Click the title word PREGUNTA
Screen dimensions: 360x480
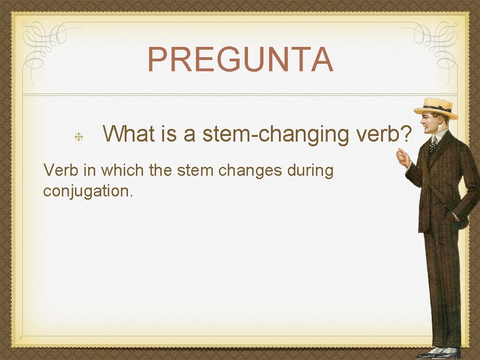click(x=240, y=60)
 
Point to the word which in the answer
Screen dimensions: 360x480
click(x=123, y=171)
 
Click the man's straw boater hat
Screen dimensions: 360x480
click(x=435, y=108)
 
